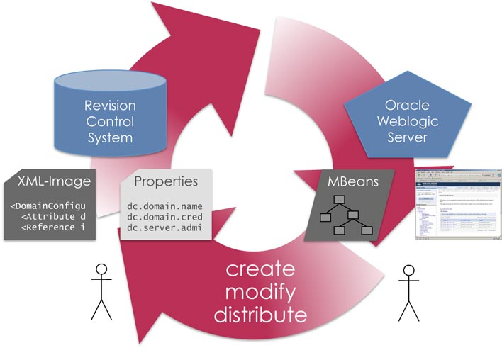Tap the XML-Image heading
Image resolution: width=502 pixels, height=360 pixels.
(55, 181)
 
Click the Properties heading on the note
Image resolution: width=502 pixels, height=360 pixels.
(165, 181)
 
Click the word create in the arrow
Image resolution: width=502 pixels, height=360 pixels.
(260, 271)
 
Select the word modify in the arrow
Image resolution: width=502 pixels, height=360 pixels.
(260, 292)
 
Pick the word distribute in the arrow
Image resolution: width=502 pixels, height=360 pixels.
(260, 313)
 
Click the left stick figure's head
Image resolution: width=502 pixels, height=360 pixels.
(101, 269)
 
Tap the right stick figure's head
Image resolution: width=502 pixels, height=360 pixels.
(408, 270)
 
